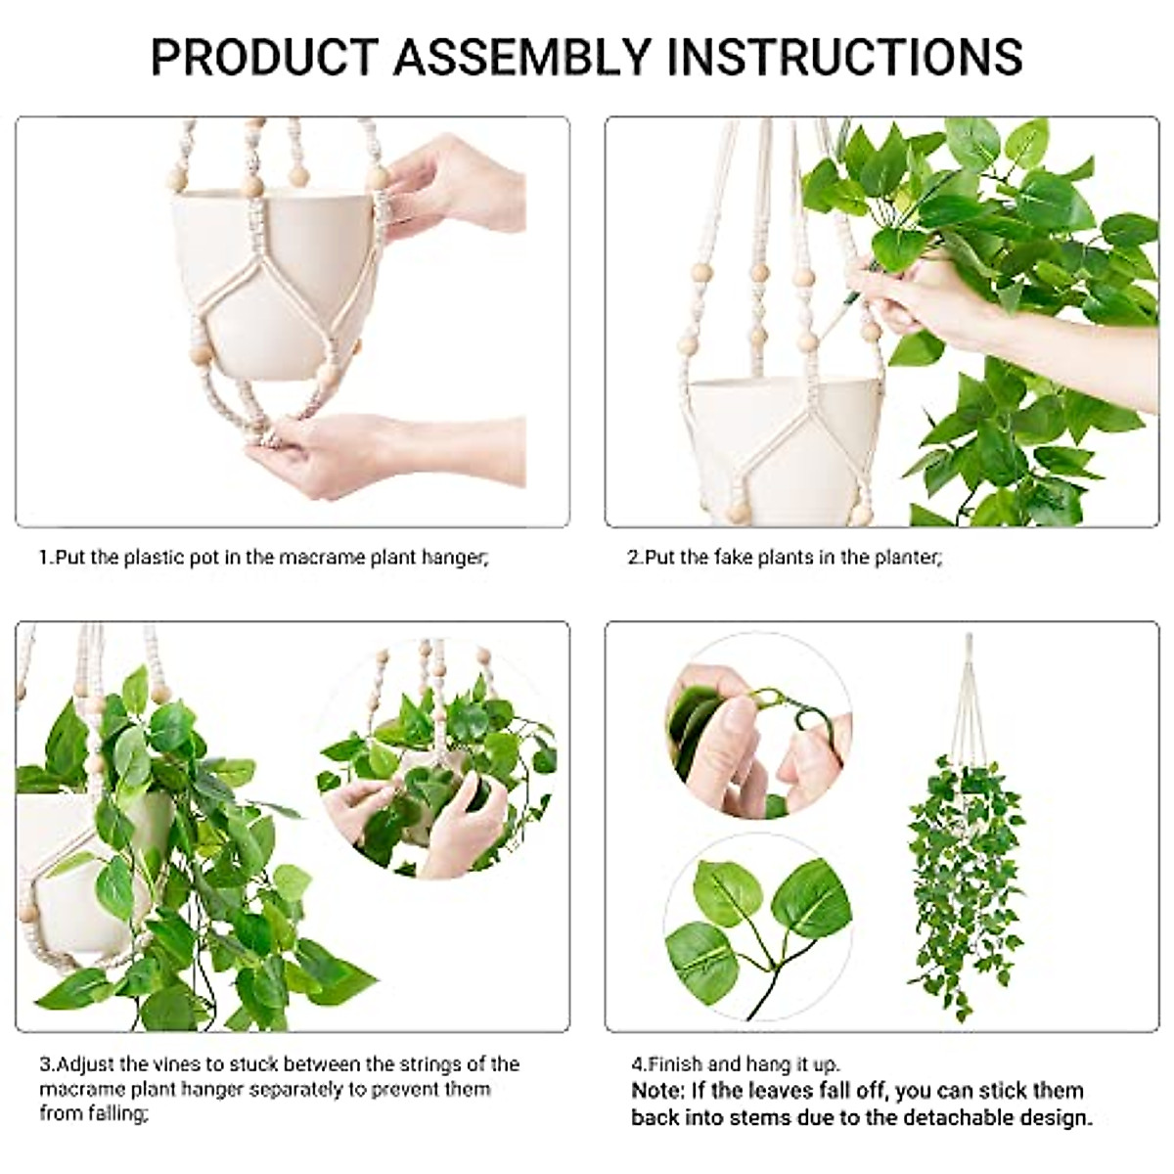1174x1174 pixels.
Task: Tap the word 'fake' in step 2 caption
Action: point(731,558)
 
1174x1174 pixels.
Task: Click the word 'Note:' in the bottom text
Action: point(658,1091)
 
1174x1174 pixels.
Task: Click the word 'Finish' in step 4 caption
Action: point(675,1064)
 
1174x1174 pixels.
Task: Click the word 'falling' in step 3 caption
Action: point(113,1113)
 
